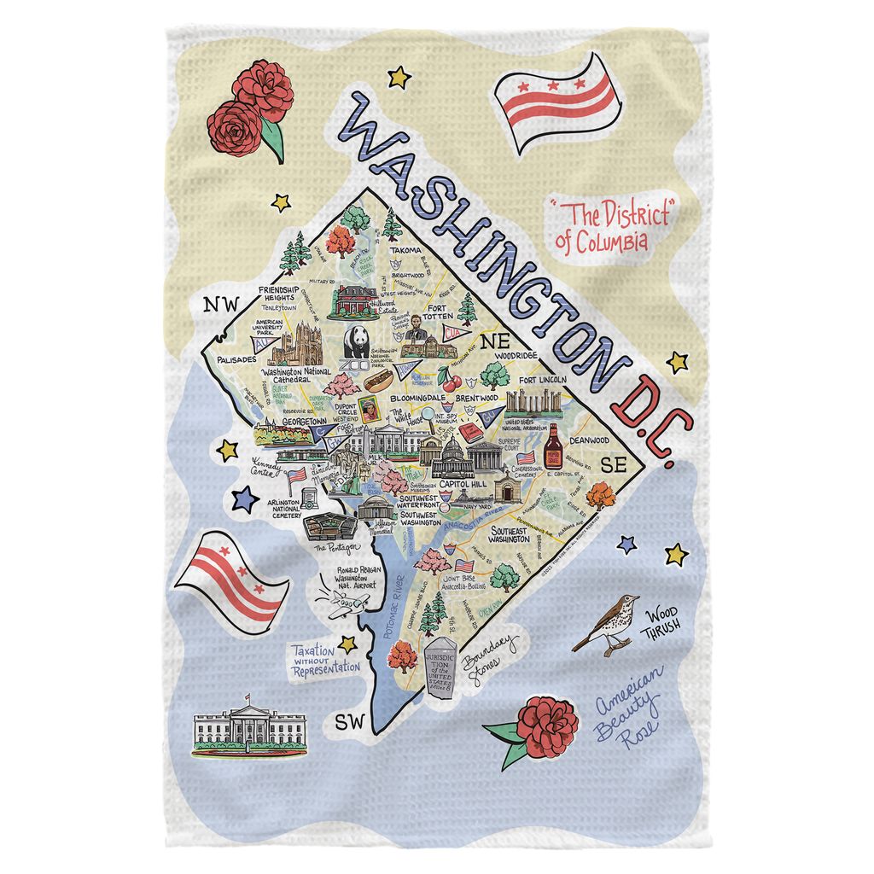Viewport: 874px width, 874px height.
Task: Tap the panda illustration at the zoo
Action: pyautogui.click(x=356, y=343)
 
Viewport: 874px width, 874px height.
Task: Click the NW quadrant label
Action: pyautogui.click(x=217, y=306)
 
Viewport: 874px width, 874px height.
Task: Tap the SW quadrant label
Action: pyautogui.click(x=348, y=721)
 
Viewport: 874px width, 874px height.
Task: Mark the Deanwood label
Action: pyautogui.click(x=589, y=440)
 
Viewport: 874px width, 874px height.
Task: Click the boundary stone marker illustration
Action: pyautogui.click(x=446, y=669)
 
